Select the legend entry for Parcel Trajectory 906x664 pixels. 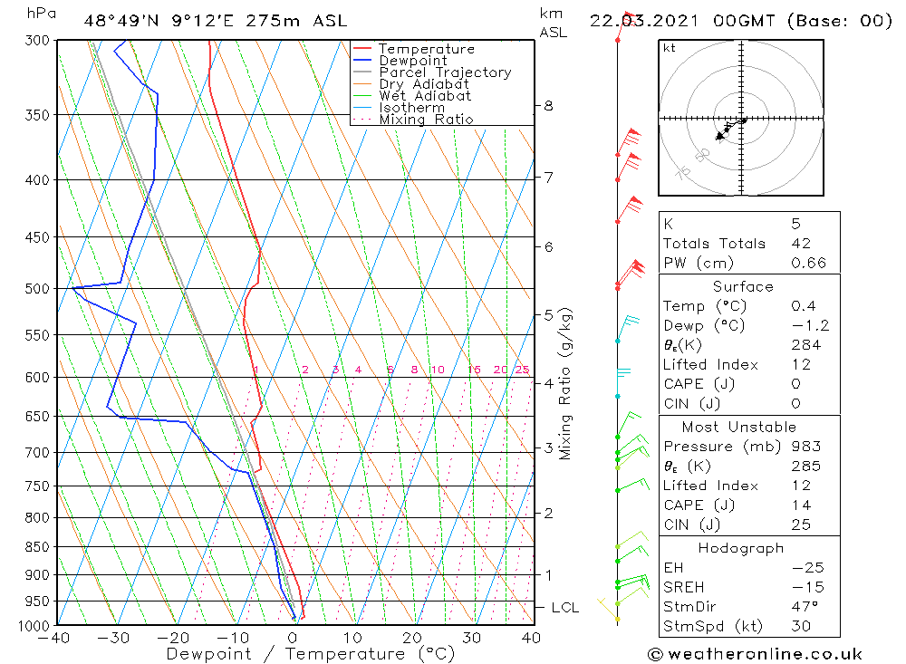point(444,72)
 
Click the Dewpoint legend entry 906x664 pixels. point(412,61)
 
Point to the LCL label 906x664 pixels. point(564,607)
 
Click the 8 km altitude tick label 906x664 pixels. point(549,105)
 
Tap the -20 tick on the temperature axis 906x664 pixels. point(172,639)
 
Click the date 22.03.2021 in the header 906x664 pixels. point(635,21)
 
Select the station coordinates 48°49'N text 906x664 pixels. point(122,21)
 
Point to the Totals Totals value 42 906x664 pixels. point(801,244)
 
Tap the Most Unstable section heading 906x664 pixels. point(739,427)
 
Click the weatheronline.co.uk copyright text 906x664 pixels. point(755,654)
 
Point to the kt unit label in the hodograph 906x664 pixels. point(670,48)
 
